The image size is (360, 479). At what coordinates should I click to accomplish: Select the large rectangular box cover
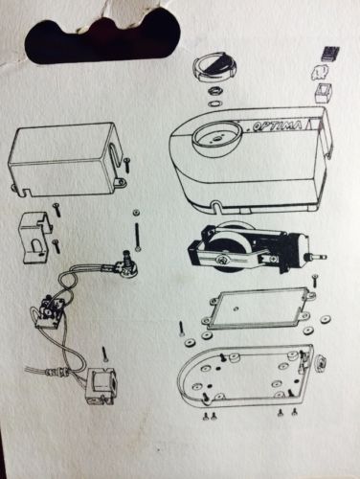pos(66,159)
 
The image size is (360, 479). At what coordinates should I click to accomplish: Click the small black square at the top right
pos(330,53)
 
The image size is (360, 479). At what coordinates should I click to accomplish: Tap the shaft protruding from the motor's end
pos(318,256)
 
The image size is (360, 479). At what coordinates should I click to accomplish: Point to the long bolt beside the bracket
pos(138,237)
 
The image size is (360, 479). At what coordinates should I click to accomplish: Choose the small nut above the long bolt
pos(137,212)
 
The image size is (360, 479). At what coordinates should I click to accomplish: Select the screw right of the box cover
pos(127,165)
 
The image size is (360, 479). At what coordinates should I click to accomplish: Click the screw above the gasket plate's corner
pos(315,280)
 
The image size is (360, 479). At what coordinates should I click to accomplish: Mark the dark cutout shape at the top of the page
pos(101,38)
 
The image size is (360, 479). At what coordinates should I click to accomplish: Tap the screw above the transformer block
pos(104,354)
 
